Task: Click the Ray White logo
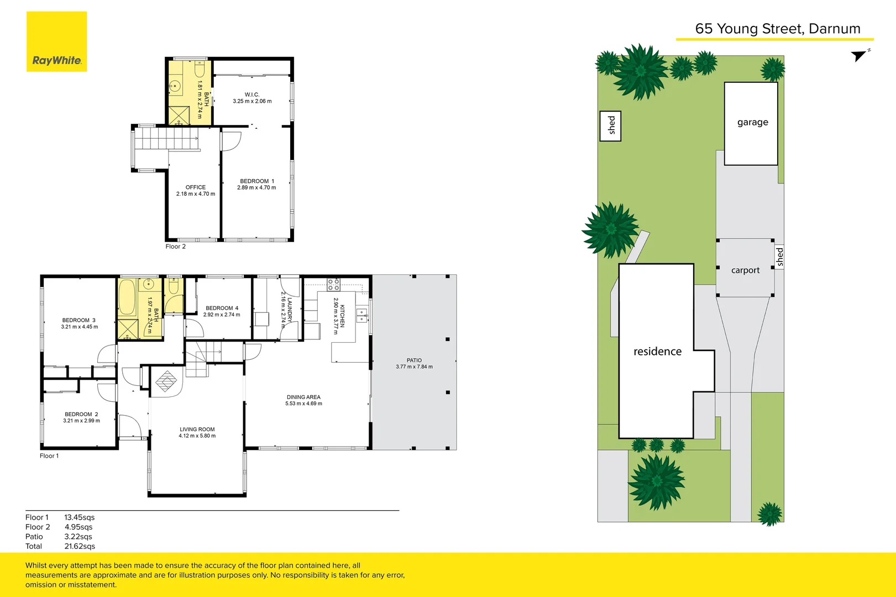point(56,42)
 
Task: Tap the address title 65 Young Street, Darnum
point(777,29)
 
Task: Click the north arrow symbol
point(860,55)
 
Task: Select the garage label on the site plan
point(752,122)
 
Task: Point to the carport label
point(745,270)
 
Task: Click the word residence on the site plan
point(657,352)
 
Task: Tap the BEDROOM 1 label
point(256,181)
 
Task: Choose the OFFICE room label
point(196,187)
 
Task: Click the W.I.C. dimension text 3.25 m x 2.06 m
point(252,101)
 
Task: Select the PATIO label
point(414,360)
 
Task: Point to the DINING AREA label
point(303,397)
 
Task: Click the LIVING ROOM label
point(197,430)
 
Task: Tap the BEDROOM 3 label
point(79,320)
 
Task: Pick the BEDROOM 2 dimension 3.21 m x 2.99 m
point(82,421)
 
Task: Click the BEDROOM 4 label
point(222,308)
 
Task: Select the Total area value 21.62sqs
point(80,546)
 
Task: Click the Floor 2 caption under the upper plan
point(176,247)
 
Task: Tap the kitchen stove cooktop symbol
point(333,285)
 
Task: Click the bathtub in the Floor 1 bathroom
point(127,297)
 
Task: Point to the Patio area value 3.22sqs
point(78,537)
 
